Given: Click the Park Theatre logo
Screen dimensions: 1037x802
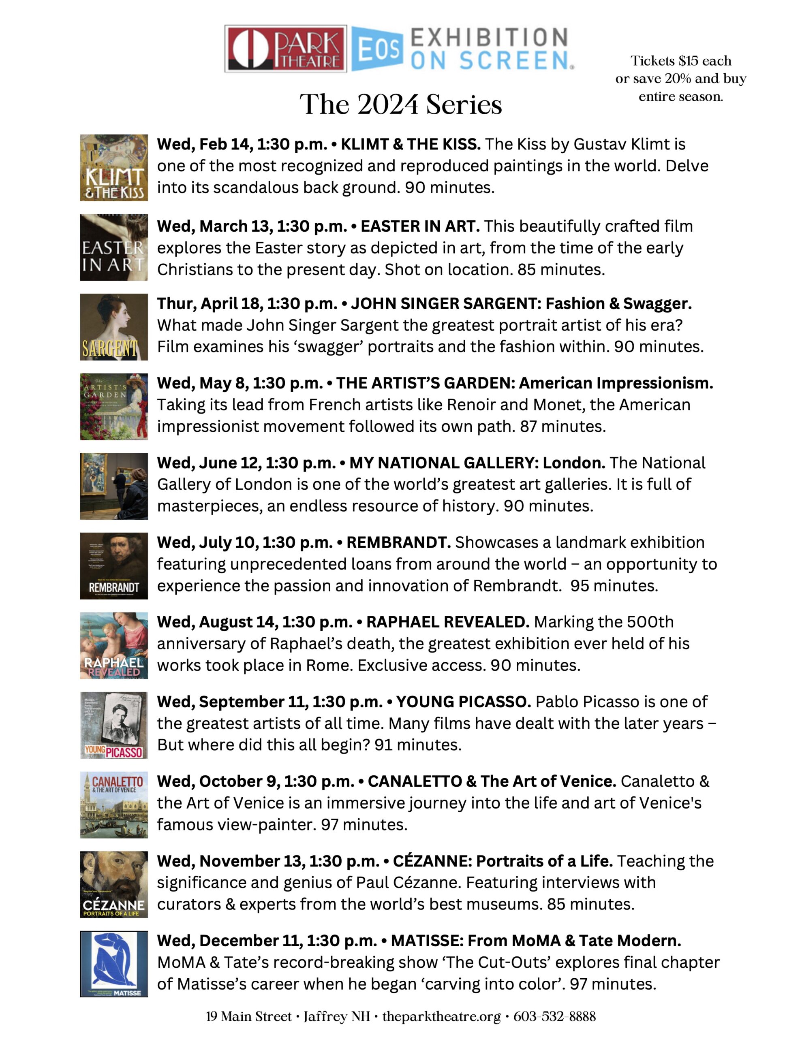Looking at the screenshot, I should click(286, 49).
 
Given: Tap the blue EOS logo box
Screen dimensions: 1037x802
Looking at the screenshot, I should click(377, 49).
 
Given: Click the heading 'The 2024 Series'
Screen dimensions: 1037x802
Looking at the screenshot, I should click(400, 105).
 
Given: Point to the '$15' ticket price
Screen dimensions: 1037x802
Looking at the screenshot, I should click(689, 61).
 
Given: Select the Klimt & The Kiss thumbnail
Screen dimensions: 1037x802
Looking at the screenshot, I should click(114, 168).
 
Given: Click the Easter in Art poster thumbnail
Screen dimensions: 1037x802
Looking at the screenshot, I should click(114, 248).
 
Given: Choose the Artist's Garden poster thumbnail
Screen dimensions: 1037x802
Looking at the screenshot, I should click(114, 406).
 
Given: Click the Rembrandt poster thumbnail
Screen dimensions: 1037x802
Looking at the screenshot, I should click(114, 565).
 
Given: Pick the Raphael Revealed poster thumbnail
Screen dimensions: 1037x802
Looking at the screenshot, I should click(114, 645).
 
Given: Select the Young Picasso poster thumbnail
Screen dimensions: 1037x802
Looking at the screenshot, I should click(114, 725).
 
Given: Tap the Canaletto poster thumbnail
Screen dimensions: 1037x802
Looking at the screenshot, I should click(114, 805).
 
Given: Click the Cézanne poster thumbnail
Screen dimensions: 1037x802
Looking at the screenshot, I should click(114, 884).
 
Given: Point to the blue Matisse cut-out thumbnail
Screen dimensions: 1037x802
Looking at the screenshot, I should click(114, 964).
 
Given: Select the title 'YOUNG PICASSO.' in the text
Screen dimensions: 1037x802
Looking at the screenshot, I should click(463, 702).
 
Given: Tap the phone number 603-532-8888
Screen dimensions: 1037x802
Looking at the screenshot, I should click(554, 1017).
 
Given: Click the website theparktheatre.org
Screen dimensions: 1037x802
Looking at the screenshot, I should click(441, 1017).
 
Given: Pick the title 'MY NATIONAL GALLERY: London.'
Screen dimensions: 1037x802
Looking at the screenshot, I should click(477, 463).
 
